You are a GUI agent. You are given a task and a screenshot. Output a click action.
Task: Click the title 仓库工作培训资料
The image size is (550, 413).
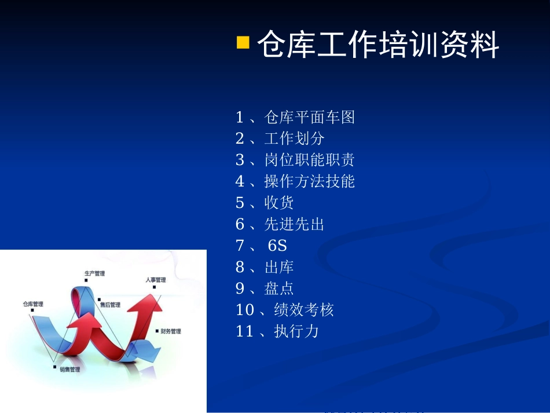click(x=377, y=45)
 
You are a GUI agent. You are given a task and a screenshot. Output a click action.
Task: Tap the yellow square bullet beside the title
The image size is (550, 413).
click(x=243, y=42)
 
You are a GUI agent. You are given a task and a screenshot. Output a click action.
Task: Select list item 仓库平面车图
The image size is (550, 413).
click(x=295, y=118)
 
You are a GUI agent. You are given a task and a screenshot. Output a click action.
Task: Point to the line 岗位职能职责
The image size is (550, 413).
click(x=295, y=160)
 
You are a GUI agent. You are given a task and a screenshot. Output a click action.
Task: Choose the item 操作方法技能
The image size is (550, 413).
click(x=295, y=181)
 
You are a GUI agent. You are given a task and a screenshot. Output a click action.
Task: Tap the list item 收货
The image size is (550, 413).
click(x=265, y=203)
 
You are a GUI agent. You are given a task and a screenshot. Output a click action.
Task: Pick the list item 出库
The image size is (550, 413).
click(x=265, y=267)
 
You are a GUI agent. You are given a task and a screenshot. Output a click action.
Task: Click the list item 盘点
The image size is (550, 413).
click(x=265, y=288)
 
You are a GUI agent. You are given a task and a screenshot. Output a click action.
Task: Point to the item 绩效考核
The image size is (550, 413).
click(x=285, y=310)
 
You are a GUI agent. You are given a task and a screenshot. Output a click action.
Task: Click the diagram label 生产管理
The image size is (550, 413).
click(x=94, y=273)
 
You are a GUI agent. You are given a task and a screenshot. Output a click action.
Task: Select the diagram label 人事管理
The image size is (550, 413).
click(x=155, y=280)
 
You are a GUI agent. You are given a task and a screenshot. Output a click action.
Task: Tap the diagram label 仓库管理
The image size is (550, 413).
click(x=33, y=304)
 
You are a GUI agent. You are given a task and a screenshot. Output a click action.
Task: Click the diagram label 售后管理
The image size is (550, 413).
click(x=110, y=305)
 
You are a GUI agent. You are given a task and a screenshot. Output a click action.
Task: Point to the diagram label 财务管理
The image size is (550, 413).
click(x=171, y=331)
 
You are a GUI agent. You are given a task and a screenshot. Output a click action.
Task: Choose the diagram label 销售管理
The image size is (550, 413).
click(x=69, y=369)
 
